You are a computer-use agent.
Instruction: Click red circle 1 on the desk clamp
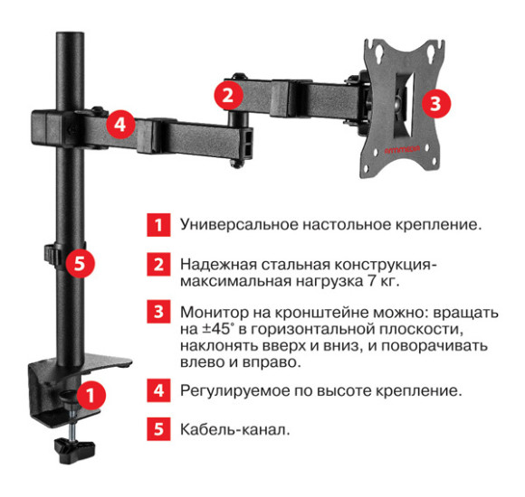[91, 395]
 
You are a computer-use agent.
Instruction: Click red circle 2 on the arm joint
[228, 93]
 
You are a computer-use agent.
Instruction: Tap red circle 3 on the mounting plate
[435, 102]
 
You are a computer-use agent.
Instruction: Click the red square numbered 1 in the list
[158, 223]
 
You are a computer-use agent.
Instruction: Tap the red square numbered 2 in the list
[158, 265]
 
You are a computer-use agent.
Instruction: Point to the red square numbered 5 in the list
[158, 430]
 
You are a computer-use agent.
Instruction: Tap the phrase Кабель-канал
[234, 430]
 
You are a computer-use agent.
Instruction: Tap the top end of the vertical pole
[66, 38]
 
